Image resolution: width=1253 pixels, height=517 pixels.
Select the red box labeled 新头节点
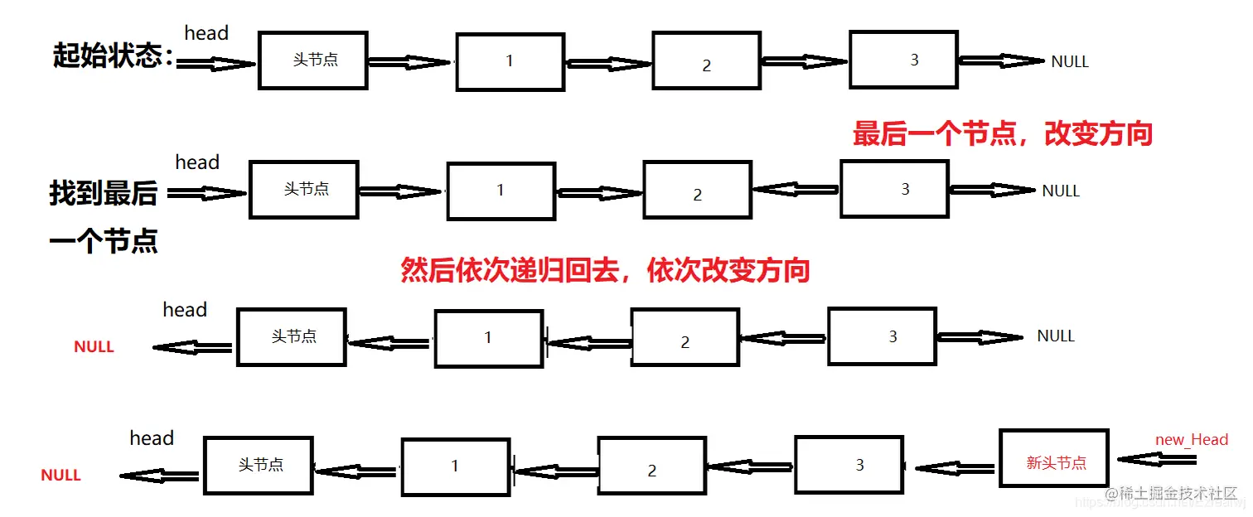pos(1054,458)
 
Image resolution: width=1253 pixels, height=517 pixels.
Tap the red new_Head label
pos(1192,439)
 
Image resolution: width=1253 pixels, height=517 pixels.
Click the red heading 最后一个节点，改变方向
pos(1003,133)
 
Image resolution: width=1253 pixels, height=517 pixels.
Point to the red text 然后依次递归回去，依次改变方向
pos(605,270)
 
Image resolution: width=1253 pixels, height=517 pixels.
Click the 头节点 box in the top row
pos(313,60)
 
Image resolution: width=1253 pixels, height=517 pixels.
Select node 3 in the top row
pos(904,60)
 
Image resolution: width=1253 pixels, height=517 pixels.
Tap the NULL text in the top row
pos(1070,61)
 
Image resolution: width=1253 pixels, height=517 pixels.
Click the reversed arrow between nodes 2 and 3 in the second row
pos(796,190)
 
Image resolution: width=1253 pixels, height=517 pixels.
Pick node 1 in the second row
pos(501,191)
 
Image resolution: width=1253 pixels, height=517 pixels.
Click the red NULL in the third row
pos(94,347)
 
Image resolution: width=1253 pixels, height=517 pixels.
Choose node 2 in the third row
pos(685,337)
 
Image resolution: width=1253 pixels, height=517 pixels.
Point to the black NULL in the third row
pos(1056,336)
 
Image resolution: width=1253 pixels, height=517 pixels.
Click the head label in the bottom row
pos(152,438)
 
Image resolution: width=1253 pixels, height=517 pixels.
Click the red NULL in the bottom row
pos(61,476)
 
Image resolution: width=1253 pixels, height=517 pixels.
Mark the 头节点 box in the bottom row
pos(259,466)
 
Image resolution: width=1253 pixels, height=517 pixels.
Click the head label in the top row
pos(206,33)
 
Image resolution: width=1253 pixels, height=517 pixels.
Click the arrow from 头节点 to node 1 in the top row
pos(410,62)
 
